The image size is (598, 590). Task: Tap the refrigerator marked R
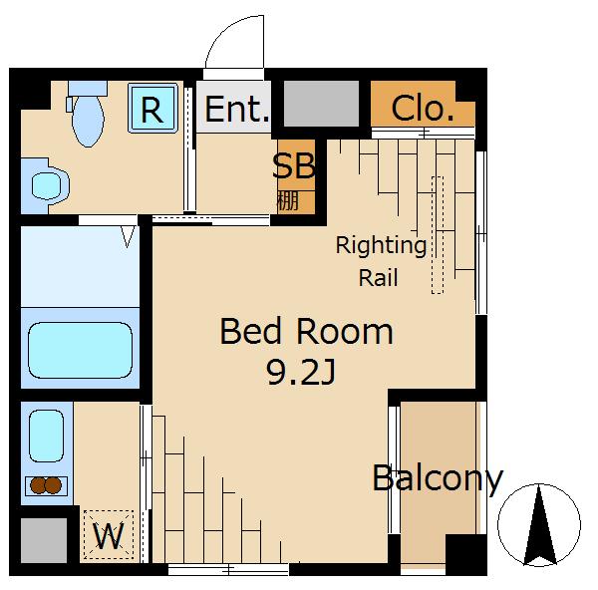152,108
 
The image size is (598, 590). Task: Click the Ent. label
237,110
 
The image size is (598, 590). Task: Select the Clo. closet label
423,109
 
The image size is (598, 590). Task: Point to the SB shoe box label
294,165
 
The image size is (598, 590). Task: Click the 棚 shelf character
287,201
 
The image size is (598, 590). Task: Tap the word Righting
381,246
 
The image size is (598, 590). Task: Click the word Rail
379,277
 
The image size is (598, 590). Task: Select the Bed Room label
307,332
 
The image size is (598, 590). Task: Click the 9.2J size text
301,373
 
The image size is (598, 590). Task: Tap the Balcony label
438,478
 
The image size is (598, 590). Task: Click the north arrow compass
539,525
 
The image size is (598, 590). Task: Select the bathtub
80,350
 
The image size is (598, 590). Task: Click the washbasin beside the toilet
47,185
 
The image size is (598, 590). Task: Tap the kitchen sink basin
46,436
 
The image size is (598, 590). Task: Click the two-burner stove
46,485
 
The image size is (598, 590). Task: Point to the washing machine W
109,535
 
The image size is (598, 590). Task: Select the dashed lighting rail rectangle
438,235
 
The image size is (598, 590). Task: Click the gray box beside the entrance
322,104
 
